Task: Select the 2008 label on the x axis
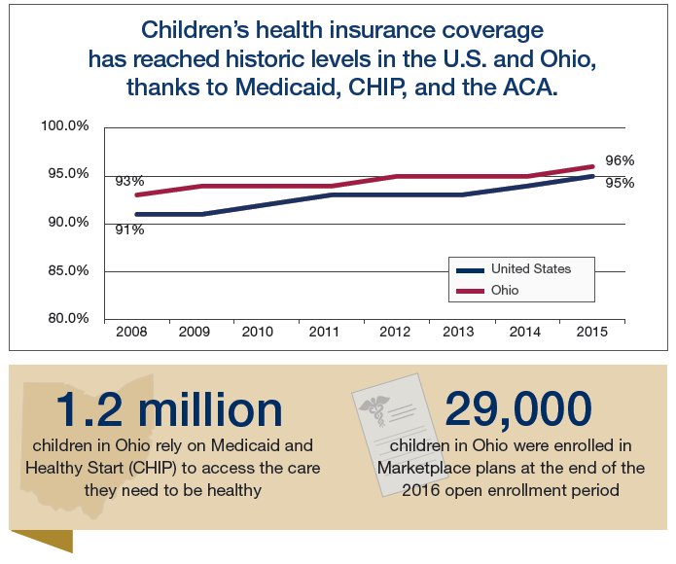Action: click(131, 333)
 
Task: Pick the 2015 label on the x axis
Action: click(591, 333)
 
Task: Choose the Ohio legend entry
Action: click(505, 290)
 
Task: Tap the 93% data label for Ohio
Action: click(129, 181)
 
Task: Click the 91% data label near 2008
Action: click(130, 229)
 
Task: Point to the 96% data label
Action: click(620, 160)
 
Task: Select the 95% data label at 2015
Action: click(620, 183)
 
